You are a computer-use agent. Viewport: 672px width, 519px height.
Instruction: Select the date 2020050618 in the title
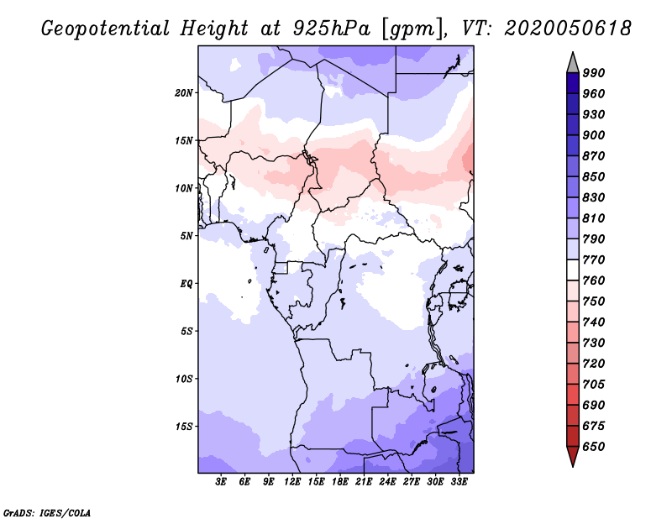pyautogui.click(x=568, y=28)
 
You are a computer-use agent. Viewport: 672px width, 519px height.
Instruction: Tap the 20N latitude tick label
pyautogui.click(x=184, y=92)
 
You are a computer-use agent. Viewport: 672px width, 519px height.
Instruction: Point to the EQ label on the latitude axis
pyautogui.click(x=186, y=283)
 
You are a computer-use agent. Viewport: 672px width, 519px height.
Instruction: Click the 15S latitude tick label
pyautogui.click(x=184, y=426)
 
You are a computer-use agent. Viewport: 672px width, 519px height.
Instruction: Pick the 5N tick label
pyautogui.click(x=186, y=235)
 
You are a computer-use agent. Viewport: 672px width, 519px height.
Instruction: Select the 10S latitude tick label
pyautogui.click(x=184, y=378)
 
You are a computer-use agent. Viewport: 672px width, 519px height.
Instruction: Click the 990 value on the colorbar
pyautogui.click(x=594, y=73)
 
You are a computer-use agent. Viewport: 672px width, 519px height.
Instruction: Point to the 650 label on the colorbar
pyautogui.click(x=594, y=447)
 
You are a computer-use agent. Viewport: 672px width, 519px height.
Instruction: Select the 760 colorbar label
pyautogui.click(x=594, y=280)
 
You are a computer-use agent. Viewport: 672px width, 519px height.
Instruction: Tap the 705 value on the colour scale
pyautogui.click(x=594, y=385)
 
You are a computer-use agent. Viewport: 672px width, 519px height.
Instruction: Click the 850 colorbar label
pyautogui.click(x=594, y=177)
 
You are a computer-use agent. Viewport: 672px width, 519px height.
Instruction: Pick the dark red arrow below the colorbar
pyautogui.click(x=573, y=456)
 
